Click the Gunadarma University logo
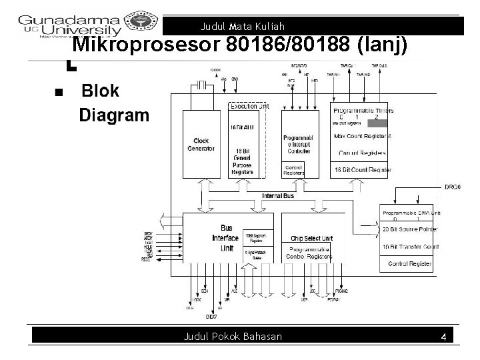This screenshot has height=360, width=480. pyautogui.click(x=70, y=25)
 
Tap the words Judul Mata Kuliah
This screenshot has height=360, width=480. pyautogui.click(x=242, y=27)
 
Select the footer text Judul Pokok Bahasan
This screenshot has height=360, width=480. pyautogui.click(x=233, y=337)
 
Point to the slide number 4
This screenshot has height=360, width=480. pyautogui.click(x=443, y=338)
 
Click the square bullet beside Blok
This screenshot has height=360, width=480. pyautogui.click(x=58, y=92)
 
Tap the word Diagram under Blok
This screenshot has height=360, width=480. pyautogui.click(x=114, y=115)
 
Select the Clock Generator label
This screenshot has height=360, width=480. pyautogui.click(x=201, y=144)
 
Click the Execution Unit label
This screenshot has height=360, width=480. pyautogui.click(x=248, y=107)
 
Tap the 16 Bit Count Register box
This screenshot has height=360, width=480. pyautogui.click(x=361, y=170)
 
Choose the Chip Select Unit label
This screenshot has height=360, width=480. pyautogui.click(x=311, y=238)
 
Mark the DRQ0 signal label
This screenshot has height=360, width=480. pyautogui.click(x=451, y=187)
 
